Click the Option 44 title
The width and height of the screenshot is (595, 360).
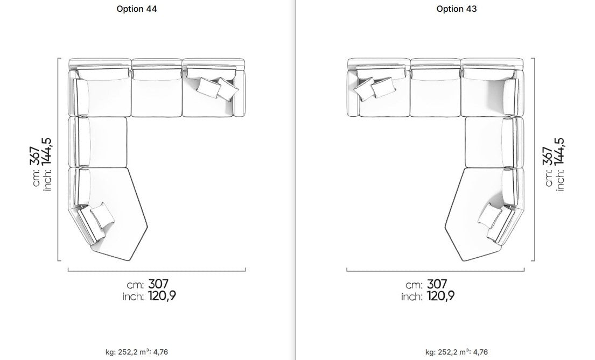click(137, 9)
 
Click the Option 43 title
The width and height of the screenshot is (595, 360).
click(457, 9)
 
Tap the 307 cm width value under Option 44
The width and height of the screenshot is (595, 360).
click(158, 284)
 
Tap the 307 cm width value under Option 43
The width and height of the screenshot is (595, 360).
click(437, 284)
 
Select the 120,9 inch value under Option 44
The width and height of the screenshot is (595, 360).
click(162, 296)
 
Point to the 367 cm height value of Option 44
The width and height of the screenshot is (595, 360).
click(34, 156)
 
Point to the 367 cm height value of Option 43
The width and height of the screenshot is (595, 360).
click(548, 156)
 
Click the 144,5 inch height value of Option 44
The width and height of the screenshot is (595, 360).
click(46, 152)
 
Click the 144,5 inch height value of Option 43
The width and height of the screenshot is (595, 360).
click(559, 152)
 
